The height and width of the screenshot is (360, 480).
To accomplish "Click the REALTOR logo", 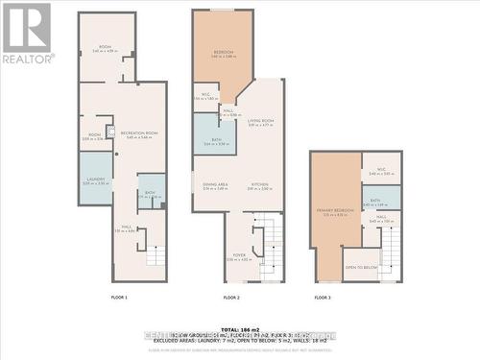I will click(x=26, y=33).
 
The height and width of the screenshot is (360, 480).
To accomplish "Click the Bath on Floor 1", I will click(x=150, y=193).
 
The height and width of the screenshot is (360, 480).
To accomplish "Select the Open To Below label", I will click(x=361, y=266).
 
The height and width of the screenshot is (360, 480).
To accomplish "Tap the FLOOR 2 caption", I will click(x=231, y=298).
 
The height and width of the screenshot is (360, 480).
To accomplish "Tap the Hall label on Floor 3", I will click(x=381, y=219).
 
